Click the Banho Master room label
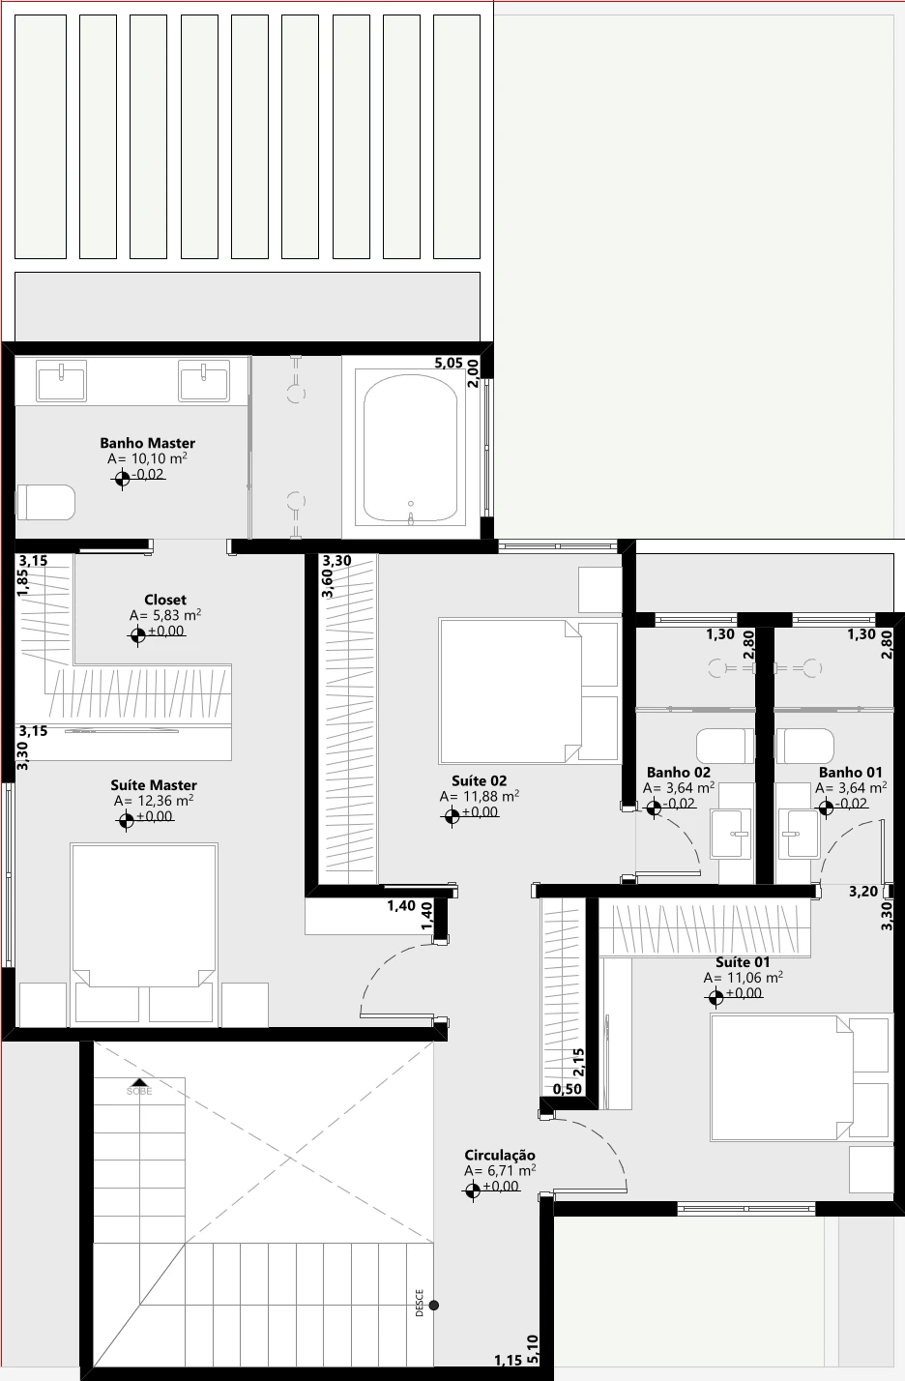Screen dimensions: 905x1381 coord(147,443)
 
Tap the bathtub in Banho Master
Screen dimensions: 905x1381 coord(411,448)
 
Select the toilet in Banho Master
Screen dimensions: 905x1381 coord(45,502)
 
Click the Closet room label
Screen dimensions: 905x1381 coord(165,600)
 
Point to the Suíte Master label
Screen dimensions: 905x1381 coord(154,785)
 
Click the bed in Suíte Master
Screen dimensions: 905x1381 coord(144,934)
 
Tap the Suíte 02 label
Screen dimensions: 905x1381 coord(479,780)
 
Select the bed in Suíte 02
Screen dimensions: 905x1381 coord(529,691)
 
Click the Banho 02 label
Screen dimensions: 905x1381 coord(678,772)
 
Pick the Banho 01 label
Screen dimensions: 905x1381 coord(850,772)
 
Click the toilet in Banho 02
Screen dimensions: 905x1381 coord(725,746)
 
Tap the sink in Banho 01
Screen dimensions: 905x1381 coord(799,834)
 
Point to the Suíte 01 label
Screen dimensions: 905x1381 coord(743,961)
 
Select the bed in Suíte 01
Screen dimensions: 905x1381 coord(801,1077)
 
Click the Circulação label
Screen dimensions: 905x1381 coord(499,1155)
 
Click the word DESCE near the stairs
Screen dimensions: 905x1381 coord(420,1303)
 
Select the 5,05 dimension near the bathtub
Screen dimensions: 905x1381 coord(449,363)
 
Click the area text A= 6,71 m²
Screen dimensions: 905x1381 coord(499,1170)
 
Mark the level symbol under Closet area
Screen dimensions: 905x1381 coord(137,633)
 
